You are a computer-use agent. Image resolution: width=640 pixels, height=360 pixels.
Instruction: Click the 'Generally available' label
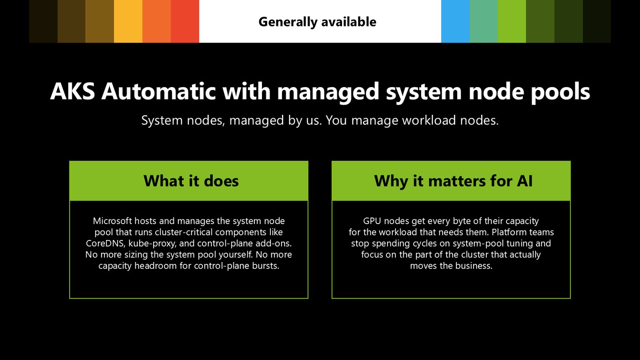pos(317,22)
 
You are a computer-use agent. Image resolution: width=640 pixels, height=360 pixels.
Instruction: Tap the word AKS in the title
pos(72,91)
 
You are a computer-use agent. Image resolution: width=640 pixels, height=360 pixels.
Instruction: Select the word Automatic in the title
pos(158,91)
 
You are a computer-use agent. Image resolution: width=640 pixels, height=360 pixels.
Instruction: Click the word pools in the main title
pos(560,92)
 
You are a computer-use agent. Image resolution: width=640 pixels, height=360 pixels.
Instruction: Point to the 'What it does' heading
pos(191,181)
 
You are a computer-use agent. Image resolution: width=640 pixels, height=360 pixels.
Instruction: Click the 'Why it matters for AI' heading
pos(453,181)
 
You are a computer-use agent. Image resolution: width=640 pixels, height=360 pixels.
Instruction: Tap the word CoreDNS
pos(105,243)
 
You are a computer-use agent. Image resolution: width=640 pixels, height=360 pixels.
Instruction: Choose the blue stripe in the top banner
pos(455,21)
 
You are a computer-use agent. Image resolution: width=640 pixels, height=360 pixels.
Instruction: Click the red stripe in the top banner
pos(185,21)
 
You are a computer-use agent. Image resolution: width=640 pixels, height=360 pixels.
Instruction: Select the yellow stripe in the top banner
pos(128,21)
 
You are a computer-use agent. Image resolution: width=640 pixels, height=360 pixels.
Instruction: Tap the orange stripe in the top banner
pos(156,21)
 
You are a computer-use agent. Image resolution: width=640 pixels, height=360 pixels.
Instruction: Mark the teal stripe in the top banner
pos(484,21)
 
